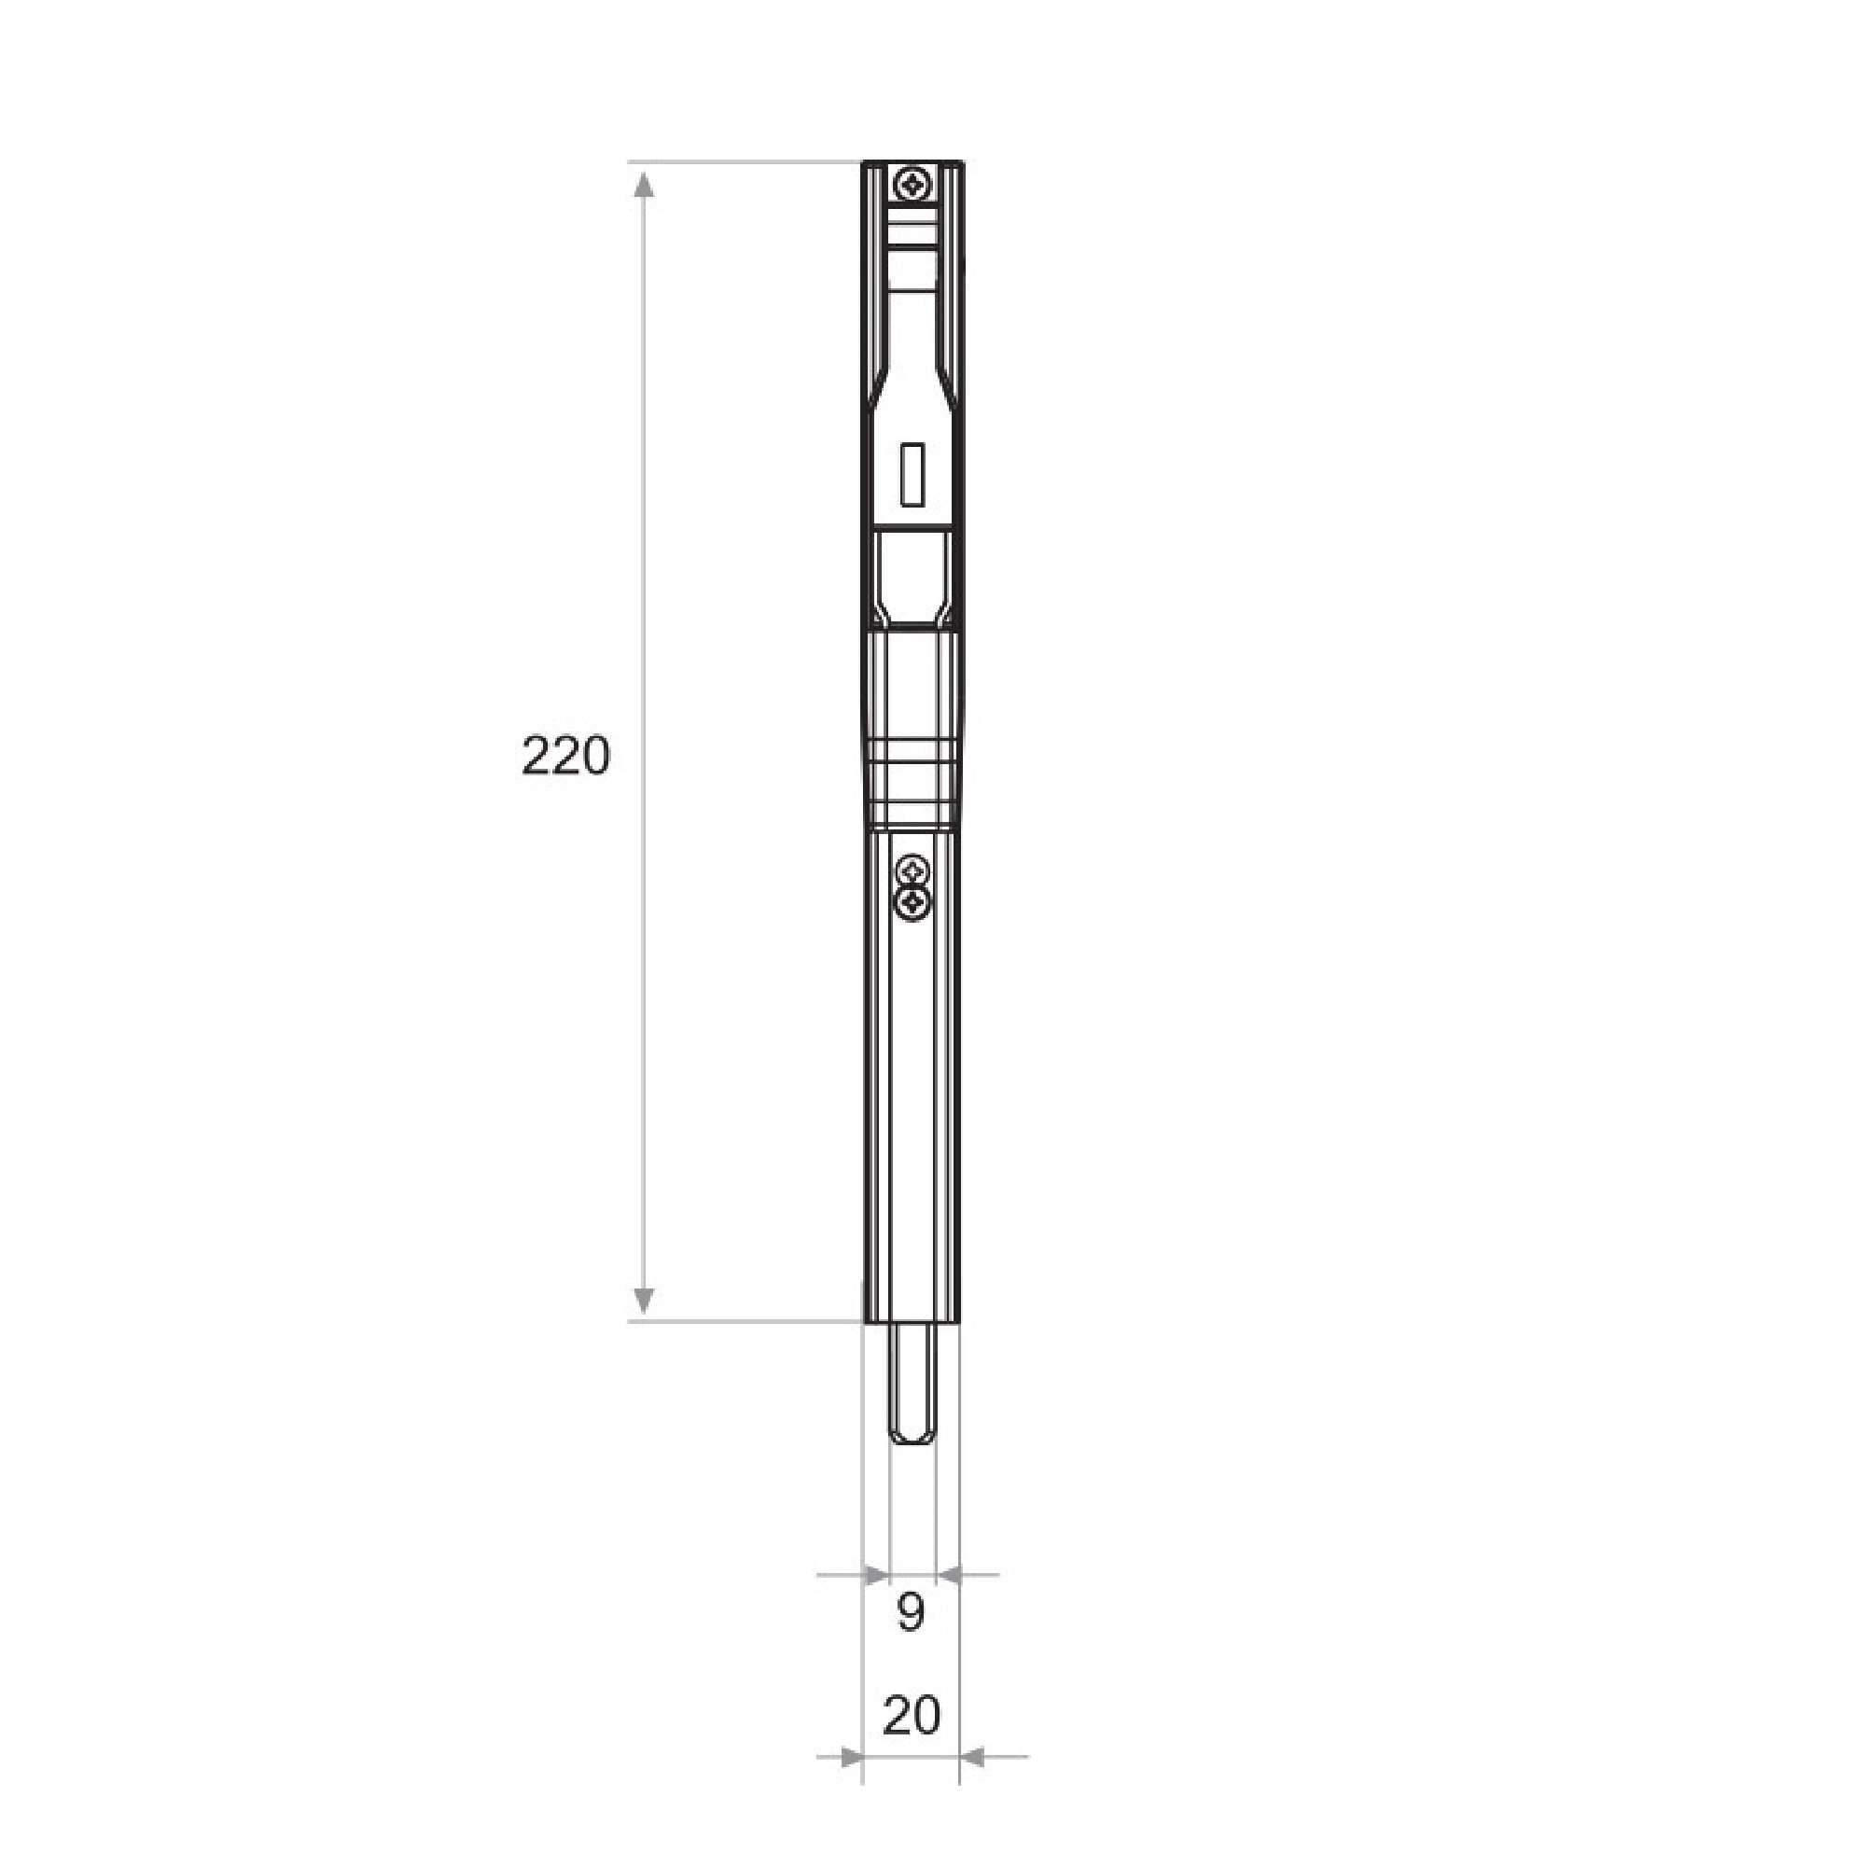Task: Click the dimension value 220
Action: tap(566, 757)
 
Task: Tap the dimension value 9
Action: tap(910, 1612)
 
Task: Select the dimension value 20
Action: tap(911, 1717)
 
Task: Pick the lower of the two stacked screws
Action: tap(911, 904)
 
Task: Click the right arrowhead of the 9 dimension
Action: tap(951, 1575)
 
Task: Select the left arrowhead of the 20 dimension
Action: tap(851, 1757)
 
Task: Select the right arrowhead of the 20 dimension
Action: tap(971, 1757)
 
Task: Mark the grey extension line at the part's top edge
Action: tap(744, 161)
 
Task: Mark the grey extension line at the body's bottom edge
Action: tap(744, 1320)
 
